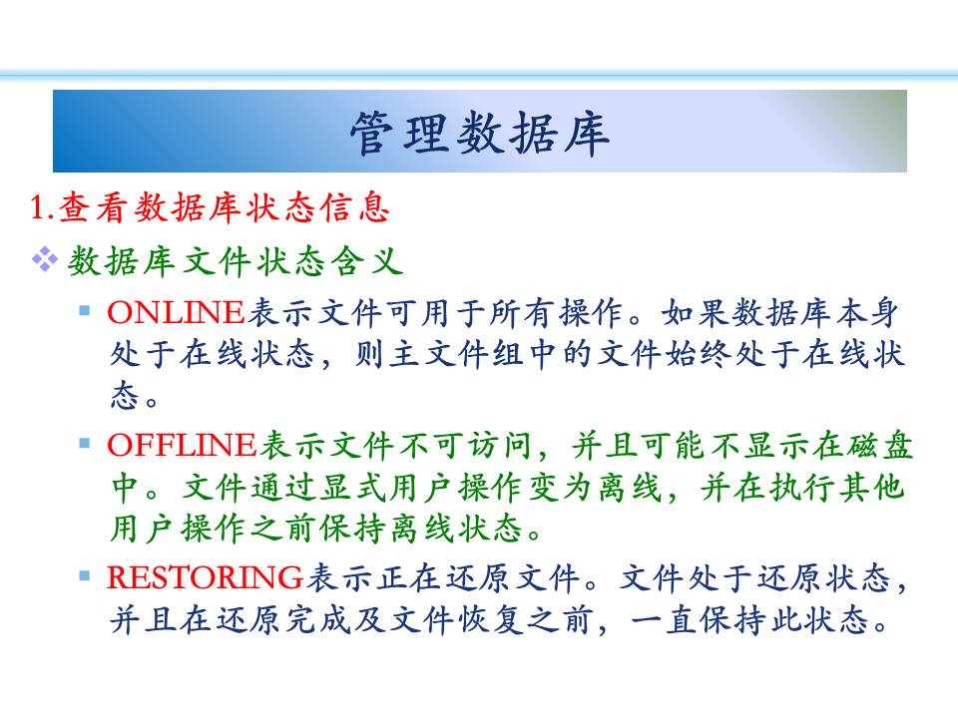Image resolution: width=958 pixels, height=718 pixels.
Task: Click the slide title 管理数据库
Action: click(x=480, y=133)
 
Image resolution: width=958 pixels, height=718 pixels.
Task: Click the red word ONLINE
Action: click(x=176, y=312)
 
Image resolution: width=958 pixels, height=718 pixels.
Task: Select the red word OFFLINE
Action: click(x=182, y=445)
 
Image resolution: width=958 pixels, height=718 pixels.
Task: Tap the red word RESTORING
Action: click(x=206, y=577)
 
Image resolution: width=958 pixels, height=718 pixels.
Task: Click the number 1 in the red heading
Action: click(x=38, y=207)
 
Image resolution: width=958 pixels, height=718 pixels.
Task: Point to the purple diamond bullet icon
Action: click(x=45, y=259)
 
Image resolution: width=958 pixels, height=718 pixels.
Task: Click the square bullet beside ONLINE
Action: click(x=85, y=311)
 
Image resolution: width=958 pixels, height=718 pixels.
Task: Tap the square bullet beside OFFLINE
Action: click(x=85, y=443)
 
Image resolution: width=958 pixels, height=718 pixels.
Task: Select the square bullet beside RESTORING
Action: click(x=85, y=575)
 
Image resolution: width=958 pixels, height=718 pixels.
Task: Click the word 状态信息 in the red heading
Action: click(x=317, y=207)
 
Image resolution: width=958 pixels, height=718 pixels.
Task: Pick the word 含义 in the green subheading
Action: click(x=367, y=261)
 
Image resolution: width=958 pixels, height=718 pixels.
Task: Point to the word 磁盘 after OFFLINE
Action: click(x=879, y=445)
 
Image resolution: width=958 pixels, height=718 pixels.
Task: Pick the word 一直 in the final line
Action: click(x=663, y=619)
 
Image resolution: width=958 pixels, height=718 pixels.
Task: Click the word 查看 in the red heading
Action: click(x=92, y=207)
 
